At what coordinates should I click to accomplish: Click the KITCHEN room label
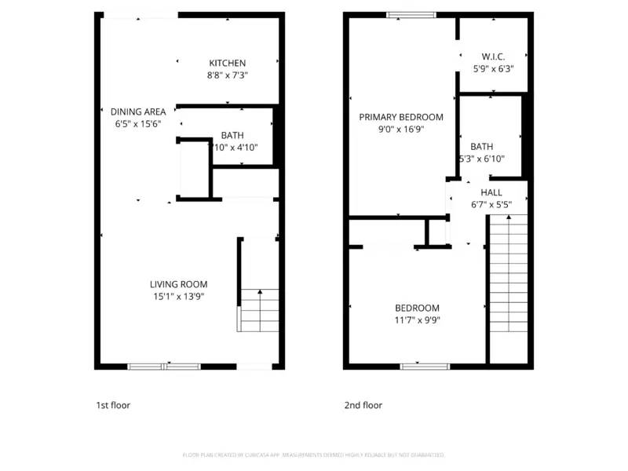[x=227, y=63]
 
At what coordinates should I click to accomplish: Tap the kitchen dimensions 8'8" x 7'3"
[x=227, y=76]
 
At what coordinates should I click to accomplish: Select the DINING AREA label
[x=137, y=111]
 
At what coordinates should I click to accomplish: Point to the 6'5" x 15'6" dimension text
[x=137, y=124]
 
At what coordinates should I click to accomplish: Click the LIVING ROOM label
[x=179, y=284]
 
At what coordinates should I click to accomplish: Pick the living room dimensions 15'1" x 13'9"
[x=179, y=297]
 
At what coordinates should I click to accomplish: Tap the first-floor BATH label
[x=232, y=135]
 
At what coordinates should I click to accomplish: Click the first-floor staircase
[x=260, y=310]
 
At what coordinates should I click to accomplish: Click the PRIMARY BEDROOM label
[x=401, y=117]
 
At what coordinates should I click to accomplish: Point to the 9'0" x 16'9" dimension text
[x=401, y=130]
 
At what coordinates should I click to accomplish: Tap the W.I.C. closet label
[x=493, y=56]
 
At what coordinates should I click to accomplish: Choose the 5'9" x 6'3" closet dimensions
[x=493, y=68]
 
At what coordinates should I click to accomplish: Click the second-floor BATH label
[x=481, y=147]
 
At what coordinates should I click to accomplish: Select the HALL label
[x=491, y=192]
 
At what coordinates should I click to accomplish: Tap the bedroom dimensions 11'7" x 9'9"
[x=417, y=320]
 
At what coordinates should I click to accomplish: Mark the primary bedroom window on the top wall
[x=411, y=14]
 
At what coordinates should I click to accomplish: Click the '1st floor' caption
[x=113, y=405]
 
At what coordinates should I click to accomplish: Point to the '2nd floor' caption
[x=363, y=405]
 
